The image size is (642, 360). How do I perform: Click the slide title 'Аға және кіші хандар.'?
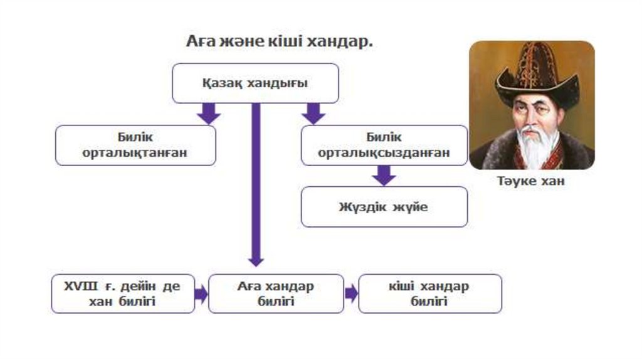click(x=279, y=42)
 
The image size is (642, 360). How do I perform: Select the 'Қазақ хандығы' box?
click(x=255, y=83)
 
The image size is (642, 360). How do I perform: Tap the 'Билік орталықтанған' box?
click(x=135, y=146)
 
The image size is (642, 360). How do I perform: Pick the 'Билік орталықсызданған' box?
click(x=384, y=146)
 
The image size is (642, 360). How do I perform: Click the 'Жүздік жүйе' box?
click(x=384, y=206)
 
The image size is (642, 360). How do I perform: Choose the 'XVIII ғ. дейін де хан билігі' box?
click(x=123, y=294)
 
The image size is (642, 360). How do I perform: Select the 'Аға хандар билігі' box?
click(x=276, y=294)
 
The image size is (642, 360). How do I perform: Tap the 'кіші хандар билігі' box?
click(x=429, y=294)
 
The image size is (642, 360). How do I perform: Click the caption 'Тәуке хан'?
click(x=531, y=182)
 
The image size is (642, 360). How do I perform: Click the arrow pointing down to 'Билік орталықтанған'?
click(x=208, y=114)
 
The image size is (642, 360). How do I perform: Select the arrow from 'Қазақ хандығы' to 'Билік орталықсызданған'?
click(x=313, y=114)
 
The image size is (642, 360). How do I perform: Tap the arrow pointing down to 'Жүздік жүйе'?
click(x=384, y=175)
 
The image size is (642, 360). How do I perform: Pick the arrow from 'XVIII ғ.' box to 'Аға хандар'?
click(x=201, y=293)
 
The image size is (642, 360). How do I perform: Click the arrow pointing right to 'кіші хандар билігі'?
click(x=351, y=293)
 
